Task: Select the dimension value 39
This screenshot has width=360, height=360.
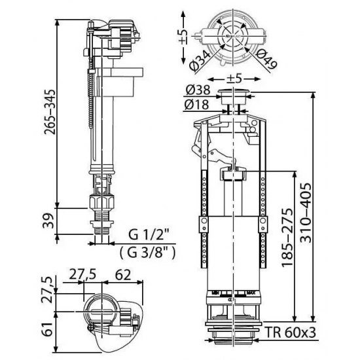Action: [45, 224]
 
